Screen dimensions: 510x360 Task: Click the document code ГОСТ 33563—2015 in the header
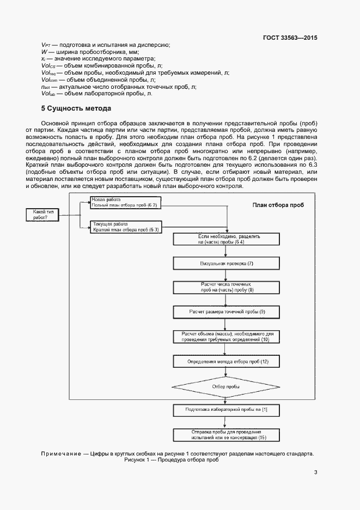(290, 38)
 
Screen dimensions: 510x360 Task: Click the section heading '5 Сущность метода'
(76, 108)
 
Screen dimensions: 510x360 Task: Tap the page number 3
(315, 472)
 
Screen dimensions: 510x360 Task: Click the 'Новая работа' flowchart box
(125, 202)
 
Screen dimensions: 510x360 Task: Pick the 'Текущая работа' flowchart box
(125, 227)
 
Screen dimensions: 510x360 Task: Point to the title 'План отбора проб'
(278, 205)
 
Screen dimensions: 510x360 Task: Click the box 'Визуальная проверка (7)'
(227, 264)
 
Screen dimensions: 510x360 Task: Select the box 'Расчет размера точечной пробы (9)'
(227, 312)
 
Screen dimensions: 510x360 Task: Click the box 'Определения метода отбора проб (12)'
(227, 361)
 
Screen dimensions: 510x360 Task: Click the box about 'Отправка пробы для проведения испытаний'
(227, 434)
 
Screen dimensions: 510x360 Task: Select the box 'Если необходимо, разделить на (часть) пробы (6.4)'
(227, 239)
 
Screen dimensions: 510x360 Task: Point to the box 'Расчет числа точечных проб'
(227, 288)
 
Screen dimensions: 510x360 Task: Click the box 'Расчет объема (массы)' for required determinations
(227, 336)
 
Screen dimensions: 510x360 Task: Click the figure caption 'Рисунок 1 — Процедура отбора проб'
(171, 460)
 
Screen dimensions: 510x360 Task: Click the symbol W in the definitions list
(44, 52)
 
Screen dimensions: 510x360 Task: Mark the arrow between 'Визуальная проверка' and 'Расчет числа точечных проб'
(227, 275)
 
